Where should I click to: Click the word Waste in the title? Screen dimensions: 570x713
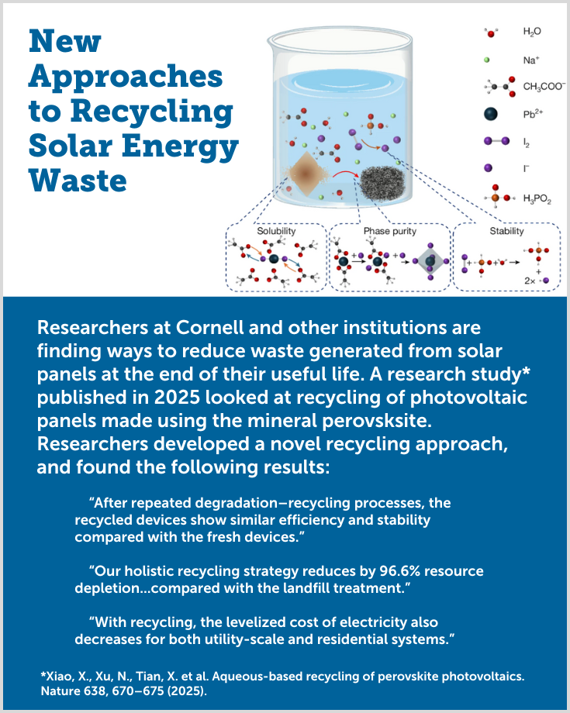tap(78, 181)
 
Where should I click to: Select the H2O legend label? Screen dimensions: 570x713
tap(532, 32)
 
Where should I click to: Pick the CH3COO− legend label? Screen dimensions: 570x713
tap(544, 86)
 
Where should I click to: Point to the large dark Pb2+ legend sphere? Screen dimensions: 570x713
tap(490, 114)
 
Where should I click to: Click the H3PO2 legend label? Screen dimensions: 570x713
tap(537, 198)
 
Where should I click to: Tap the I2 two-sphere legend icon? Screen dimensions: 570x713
tap(496, 141)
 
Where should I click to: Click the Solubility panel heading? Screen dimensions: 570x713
tap(276, 231)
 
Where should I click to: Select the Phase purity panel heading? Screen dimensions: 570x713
tap(390, 231)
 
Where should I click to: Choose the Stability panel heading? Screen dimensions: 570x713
tap(506, 231)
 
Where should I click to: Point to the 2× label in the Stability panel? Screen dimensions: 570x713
tap(530, 281)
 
